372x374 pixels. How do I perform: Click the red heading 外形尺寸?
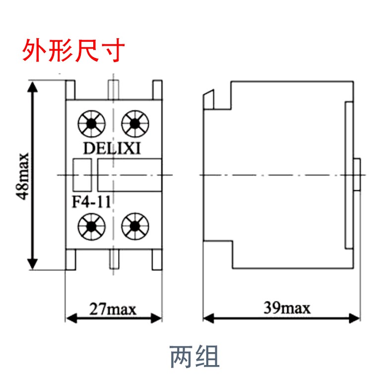(72, 51)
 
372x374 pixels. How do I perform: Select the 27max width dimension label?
(113, 310)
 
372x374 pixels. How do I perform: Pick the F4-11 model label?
(90, 202)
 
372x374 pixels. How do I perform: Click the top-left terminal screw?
(91, 122)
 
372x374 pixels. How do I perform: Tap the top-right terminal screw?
(134, 122)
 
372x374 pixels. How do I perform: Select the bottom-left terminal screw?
(91, 226)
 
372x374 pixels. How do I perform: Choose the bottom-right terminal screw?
(134, 226)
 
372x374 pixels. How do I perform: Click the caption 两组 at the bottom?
(194, 355)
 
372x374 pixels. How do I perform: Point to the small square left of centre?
(82, 174)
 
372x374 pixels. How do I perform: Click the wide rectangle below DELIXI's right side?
(130, 174)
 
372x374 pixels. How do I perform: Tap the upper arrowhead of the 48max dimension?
(33, 87)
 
